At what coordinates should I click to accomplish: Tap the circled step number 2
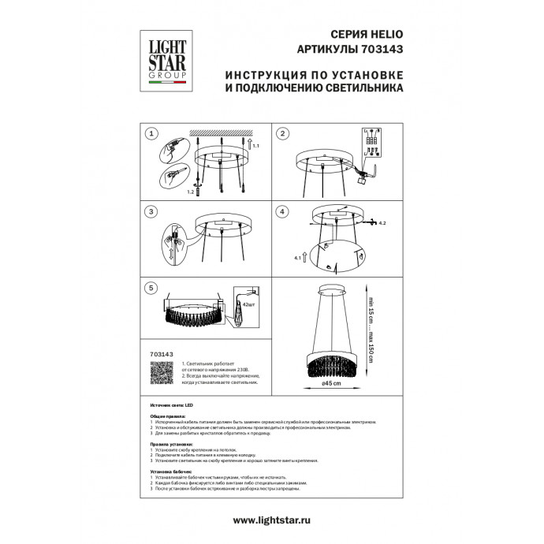click(282, 134)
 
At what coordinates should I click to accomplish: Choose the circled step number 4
click(282, 211)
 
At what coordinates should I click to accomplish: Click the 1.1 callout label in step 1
click(255, 147)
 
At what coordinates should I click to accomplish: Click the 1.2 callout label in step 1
click(190, 192)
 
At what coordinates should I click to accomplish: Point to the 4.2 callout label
click(382, 225)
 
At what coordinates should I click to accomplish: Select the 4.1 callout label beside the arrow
click(297, 258)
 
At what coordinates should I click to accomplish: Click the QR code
click(161, 377)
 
